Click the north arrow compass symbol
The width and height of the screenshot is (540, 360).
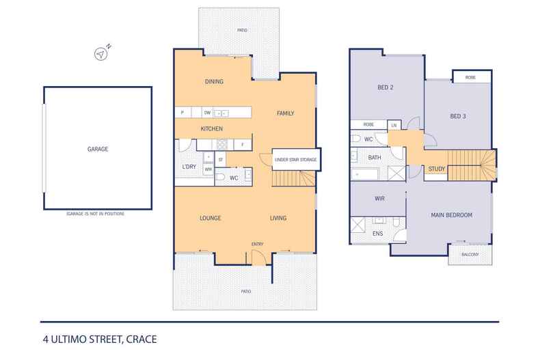coord(101,54)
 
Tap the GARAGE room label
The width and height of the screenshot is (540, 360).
coord(98,149)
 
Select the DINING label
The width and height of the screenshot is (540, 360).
coord(214,81)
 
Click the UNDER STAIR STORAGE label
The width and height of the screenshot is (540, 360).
coord(296,160)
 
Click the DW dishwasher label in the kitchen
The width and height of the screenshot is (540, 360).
coord(207,113)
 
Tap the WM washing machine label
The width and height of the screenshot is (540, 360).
coord(208,169)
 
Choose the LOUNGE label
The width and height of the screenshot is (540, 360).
coord(211,218)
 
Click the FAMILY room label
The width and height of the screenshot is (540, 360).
coord(286,113)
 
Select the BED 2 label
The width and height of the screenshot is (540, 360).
coord(386,87)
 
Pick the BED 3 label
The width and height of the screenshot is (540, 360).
coord(458,116)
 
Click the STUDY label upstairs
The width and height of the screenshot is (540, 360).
coord(437,169)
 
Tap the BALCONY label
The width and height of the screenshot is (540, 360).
coord(470,255)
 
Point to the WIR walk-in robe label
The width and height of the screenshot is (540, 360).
coord(379,199)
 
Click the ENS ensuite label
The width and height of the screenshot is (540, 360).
coord(378,234)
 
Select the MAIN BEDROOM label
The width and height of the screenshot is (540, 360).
coord(452,215)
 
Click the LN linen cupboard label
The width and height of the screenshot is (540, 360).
coord(394,126)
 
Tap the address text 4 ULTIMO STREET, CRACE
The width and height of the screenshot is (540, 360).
coord(100,340)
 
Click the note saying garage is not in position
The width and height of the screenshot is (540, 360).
coord(96,214)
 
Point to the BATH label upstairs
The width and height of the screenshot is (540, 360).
coord(375,158)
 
